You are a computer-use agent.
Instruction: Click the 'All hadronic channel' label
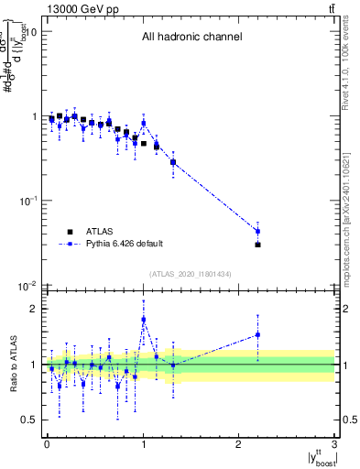tap(191, 38)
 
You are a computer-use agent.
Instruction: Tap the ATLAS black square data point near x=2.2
tap(258, 245)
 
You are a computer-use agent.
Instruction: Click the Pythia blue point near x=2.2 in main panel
tap(258, 231)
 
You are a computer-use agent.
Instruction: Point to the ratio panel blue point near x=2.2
tap(258, 334)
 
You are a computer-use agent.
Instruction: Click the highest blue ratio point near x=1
tap(144, 320)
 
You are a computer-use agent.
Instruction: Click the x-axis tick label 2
tap(239, 443)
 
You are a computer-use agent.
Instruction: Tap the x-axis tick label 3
tap(335, 443)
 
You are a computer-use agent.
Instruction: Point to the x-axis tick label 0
tap(47, 443)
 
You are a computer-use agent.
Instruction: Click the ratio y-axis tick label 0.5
tap(30, 420)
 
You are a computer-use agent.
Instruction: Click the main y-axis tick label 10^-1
tap(27, 201)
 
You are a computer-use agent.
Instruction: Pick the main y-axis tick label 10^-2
tap(27, 286)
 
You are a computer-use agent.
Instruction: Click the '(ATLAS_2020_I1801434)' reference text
tap(191, 274)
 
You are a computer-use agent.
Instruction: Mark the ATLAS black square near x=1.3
tap(172, 162)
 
